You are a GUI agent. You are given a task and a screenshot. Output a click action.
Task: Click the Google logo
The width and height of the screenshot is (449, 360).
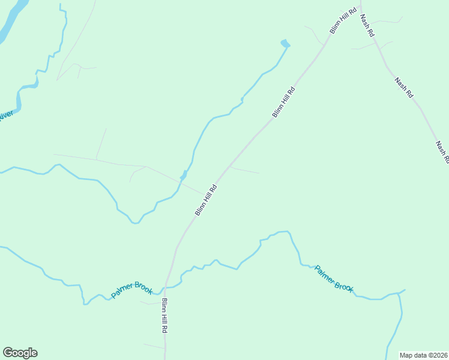coord(20,353)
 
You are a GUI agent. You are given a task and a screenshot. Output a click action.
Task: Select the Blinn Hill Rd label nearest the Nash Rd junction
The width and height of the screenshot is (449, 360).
coord(343,20)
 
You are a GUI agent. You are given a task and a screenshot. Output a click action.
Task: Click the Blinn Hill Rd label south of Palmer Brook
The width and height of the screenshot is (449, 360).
coord(164,317)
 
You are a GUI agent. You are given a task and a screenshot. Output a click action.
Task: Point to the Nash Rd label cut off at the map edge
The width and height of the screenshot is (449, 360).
coord(442,152)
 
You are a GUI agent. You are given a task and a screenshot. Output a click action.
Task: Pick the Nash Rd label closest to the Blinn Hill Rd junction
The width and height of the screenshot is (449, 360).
coord(367,26)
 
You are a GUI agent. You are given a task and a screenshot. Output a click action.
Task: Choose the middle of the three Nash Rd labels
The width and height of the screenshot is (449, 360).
coord(404,88)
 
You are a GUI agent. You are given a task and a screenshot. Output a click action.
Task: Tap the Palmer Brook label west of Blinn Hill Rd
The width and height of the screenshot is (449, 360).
coord(132,290)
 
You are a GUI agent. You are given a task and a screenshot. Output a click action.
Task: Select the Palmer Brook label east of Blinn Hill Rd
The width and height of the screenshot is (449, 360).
coord(334,279)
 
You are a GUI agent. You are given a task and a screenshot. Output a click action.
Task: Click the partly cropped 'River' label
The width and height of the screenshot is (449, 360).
coord(6,115)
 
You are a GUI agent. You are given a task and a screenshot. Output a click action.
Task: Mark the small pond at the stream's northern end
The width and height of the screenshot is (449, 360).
coord(285,43)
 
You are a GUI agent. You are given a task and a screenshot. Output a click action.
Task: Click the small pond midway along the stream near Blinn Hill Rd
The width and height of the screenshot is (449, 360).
coord(183,176)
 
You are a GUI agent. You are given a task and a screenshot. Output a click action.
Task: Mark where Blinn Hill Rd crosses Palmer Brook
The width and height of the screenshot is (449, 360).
coord(167,287)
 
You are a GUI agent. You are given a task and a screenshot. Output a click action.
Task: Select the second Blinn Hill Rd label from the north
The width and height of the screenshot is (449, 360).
coord(283,102)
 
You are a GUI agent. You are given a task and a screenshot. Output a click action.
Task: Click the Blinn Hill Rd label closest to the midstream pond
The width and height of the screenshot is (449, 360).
coord(205,200)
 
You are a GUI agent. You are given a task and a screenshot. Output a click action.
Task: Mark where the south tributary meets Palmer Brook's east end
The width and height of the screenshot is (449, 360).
coord(399,293)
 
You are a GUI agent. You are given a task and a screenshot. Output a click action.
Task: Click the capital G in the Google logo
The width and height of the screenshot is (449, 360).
coord(8,353)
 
